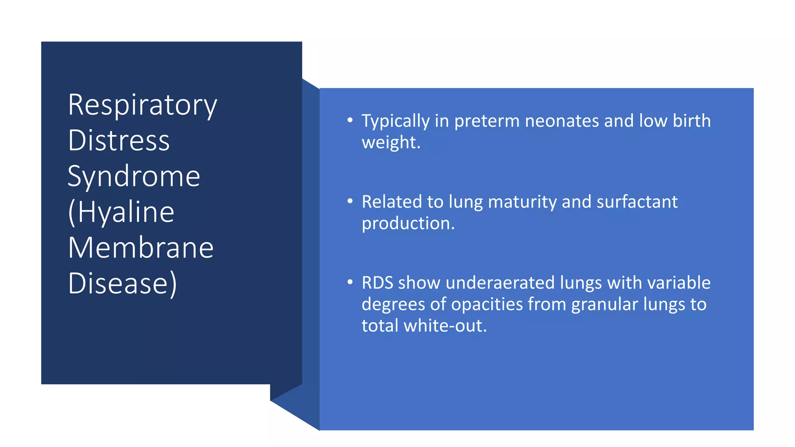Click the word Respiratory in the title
pos(142,105)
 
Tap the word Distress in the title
pos(119,140)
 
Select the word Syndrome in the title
pos(134,176)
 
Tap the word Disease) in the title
pos(123,283)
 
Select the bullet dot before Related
pos(350,201)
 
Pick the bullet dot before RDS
pos(350,282)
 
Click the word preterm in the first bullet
pos(487,121)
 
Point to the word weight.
pos(391,142)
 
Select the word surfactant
pos(637,202)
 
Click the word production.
pos(408,223)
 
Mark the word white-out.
pos(445,326)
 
